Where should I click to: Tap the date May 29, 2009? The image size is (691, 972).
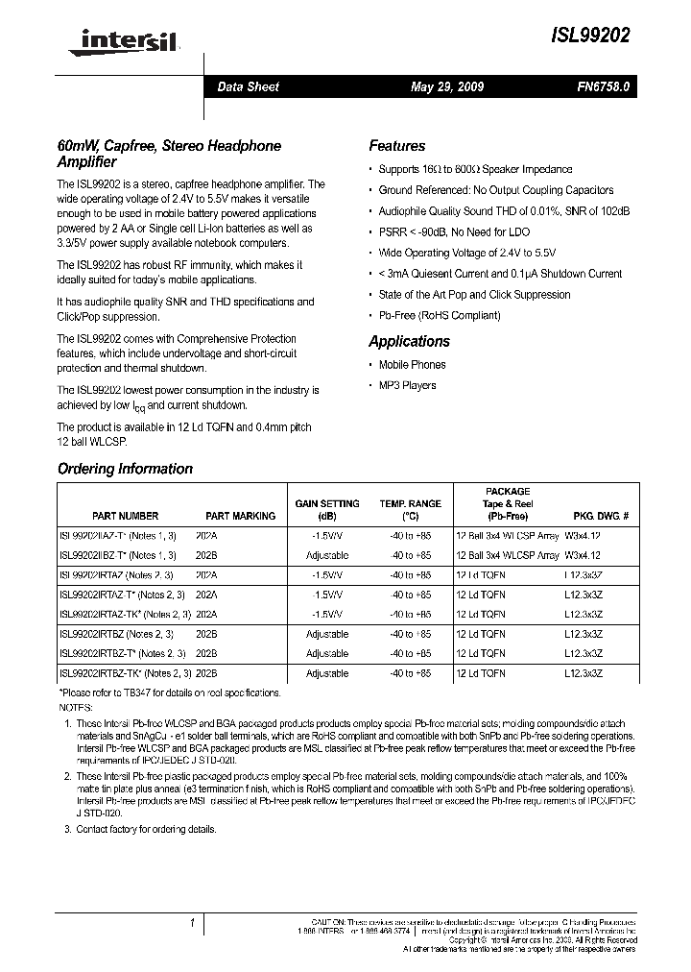447,86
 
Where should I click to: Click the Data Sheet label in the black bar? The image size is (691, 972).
248,86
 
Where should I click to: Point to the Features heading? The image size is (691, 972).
396,146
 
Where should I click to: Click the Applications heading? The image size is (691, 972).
409,341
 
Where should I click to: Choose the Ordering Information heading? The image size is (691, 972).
125,469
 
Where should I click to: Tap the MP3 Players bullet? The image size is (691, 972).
407,385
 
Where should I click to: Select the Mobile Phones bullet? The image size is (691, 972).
412,364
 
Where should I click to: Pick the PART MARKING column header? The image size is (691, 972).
241,516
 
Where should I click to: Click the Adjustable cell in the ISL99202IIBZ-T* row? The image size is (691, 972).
327,555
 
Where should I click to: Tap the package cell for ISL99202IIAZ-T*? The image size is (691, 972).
508,535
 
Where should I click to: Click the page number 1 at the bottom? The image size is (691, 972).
193,923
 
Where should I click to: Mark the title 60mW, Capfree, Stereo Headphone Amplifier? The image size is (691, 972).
170,154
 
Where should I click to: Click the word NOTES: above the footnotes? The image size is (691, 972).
77,706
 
